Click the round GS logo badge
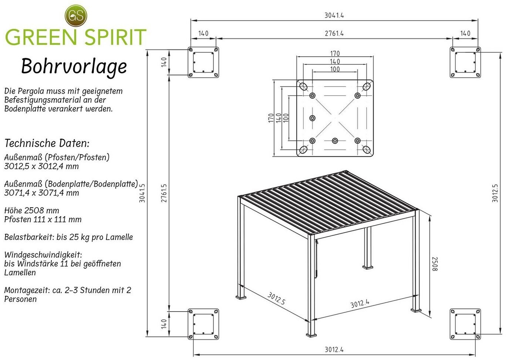pos(76,15)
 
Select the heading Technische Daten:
pos(47,143)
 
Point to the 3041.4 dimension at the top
pos(334,16)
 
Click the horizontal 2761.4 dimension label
pos(334,33)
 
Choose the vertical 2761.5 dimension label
pos(164,193)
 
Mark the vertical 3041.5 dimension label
pos(142,193)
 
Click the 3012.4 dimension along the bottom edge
pos(334,349)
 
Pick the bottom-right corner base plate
pos(465,324)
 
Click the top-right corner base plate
pos(465,62)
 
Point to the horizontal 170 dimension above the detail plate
pos(335,54)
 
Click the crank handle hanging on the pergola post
pos(316,259)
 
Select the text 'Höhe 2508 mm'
pos(32,211)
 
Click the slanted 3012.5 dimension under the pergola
pos(277,299)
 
